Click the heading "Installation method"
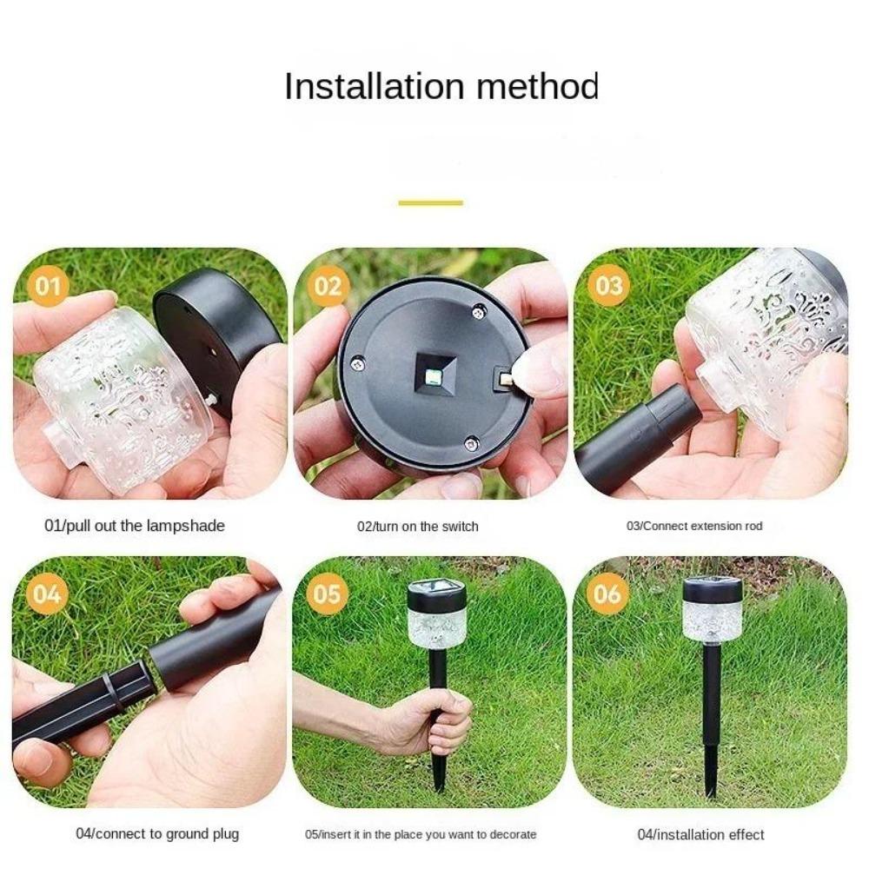[x=441, y=87]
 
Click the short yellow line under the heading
[x=430, y=203]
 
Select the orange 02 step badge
[x=328, y=286]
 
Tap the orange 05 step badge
[x=328, y=594]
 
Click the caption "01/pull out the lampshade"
[x=134, y=526]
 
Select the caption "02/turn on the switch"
[x=417, y=527]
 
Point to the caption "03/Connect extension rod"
[x=694, y=527]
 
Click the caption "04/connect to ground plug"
[x=156, y=834]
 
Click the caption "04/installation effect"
[x=700, y=835]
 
